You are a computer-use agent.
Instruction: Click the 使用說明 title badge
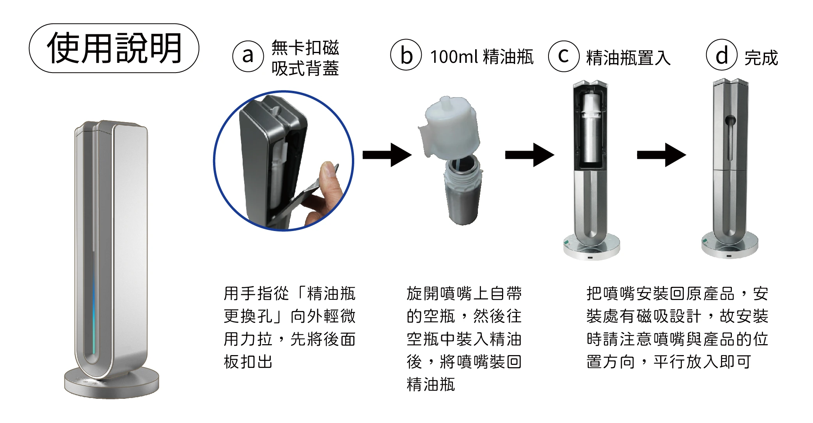coord(114,48)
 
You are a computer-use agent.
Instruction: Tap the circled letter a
coord(248,56)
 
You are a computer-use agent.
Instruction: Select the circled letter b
coord(406,55)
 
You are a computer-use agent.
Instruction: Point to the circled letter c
coord(564,56)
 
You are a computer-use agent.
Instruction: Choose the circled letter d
coord(722,55)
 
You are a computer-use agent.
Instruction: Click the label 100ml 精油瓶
coord(482,57)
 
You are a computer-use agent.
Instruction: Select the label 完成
coord(761,58)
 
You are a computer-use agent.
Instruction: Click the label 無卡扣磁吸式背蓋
coord(305,58)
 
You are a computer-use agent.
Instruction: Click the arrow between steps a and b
coord(387,155)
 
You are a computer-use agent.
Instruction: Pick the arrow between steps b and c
coord(529,155)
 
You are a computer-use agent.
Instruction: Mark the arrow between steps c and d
coord(661,155)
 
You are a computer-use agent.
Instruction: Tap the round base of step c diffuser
coord(591,248)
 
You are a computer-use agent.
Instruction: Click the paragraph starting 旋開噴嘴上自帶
coord(464,339)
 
